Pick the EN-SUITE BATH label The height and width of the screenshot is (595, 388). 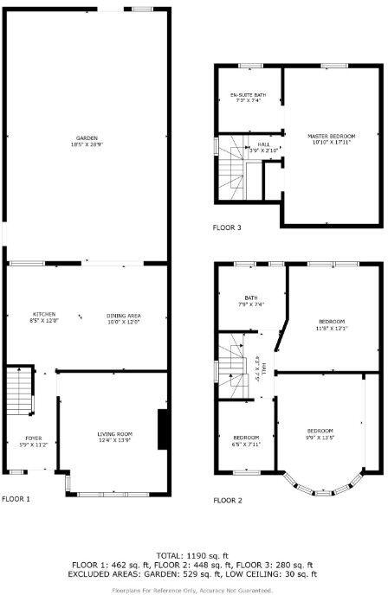tap(247, 98)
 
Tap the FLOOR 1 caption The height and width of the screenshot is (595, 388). tap(16, 499)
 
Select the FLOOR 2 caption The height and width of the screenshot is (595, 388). tap(228, 500)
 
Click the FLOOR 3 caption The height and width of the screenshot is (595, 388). tap(227, 228)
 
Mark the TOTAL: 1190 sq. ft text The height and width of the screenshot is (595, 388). tap(193, 554)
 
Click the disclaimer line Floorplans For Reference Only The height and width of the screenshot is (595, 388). tap(193, 591)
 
